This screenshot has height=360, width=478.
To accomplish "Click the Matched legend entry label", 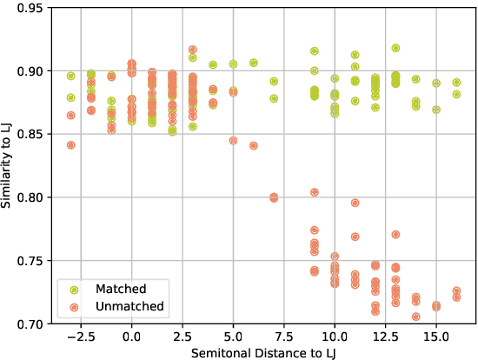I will pyautogui.click(x=121, y=289).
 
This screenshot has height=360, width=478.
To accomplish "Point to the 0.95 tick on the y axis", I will pyautogui.click(x=32, y=8).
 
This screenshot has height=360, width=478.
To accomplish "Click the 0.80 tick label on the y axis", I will pyautogui.click(x=32, y=197).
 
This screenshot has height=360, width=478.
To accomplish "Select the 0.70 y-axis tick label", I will pyautogui.click(x=32, y=323).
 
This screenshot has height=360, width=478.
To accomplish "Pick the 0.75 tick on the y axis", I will pyautogui.click(x=32, y=261).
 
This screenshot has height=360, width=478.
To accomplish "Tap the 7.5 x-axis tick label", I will pyautogui.click(x=283, y=335).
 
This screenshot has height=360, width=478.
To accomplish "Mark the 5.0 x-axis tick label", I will pyautogui.click(x=233, y=335).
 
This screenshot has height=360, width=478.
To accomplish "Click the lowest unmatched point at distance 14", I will pyautogui.click(x=416, y=317).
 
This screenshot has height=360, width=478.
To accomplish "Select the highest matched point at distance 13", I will pyautogui.click(x=395, y=49).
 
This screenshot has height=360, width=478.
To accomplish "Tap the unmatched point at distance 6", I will pyautogui.click(x=254, y=146).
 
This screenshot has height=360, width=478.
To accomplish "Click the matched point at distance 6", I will pyautogui.click(x=254, y=63).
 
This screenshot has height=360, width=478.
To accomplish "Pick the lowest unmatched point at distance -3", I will pyautogui.click(x=71, y=145).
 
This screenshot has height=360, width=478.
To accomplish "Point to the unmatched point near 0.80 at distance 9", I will pyautogui.click(x=315, y=192).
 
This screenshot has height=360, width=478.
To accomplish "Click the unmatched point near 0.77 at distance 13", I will pyautogui.click(x=395, y=235).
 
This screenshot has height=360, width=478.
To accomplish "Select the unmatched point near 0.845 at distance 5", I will pyautogui.click(x=233, y=141).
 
